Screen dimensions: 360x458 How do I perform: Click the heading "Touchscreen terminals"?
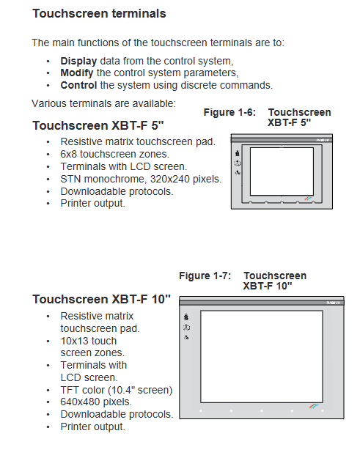point(99,14)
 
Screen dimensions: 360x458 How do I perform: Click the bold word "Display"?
point(78,62)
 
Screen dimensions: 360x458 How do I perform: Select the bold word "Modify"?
point(77,73)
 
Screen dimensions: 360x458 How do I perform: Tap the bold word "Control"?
point(78,85)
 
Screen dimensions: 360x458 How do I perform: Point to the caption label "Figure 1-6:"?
point(229,112)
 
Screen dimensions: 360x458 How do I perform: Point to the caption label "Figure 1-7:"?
point(205,276)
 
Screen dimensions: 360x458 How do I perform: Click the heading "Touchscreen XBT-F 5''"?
point(98,125)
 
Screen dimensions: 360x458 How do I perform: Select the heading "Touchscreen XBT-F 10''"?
point(101,300)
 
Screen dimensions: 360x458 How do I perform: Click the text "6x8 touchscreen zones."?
point(115,154)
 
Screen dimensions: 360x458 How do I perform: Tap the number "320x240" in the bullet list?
point(166,179)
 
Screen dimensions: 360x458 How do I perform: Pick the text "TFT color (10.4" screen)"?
point(117,391)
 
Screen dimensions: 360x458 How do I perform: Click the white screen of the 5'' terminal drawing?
point(282,171)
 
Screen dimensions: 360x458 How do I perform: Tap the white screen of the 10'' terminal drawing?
point(262,357)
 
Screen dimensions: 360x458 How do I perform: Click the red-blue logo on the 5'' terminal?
point(308,199)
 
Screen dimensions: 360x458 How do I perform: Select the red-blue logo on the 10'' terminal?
point(314,406)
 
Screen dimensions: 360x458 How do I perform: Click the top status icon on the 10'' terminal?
point(186,317)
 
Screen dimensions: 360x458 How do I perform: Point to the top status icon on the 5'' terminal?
point(238,153)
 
